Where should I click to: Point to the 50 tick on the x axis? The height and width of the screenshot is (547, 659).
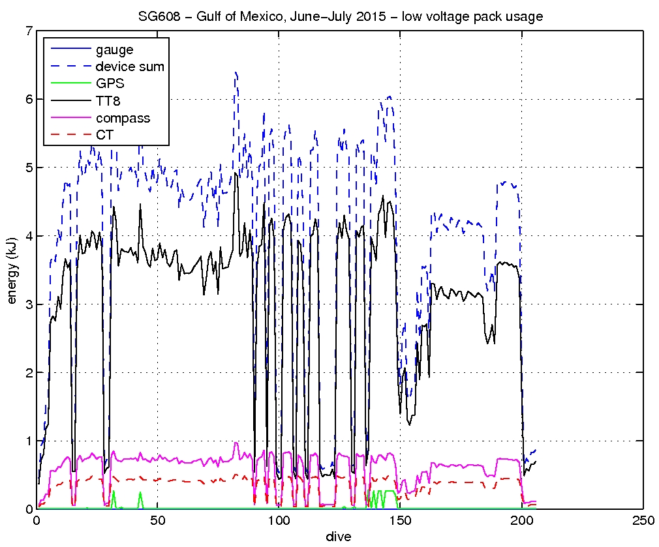[157, 522]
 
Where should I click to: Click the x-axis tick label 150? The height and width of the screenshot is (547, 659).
[400, 522]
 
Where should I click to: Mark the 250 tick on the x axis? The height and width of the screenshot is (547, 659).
[643, 522]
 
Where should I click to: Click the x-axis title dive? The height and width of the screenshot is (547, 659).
[339, 537]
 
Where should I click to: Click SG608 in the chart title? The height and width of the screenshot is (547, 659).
[157, 17]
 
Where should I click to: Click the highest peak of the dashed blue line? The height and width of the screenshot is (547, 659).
[236, 72]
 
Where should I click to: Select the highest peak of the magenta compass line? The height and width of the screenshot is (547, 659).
[236, 443]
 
